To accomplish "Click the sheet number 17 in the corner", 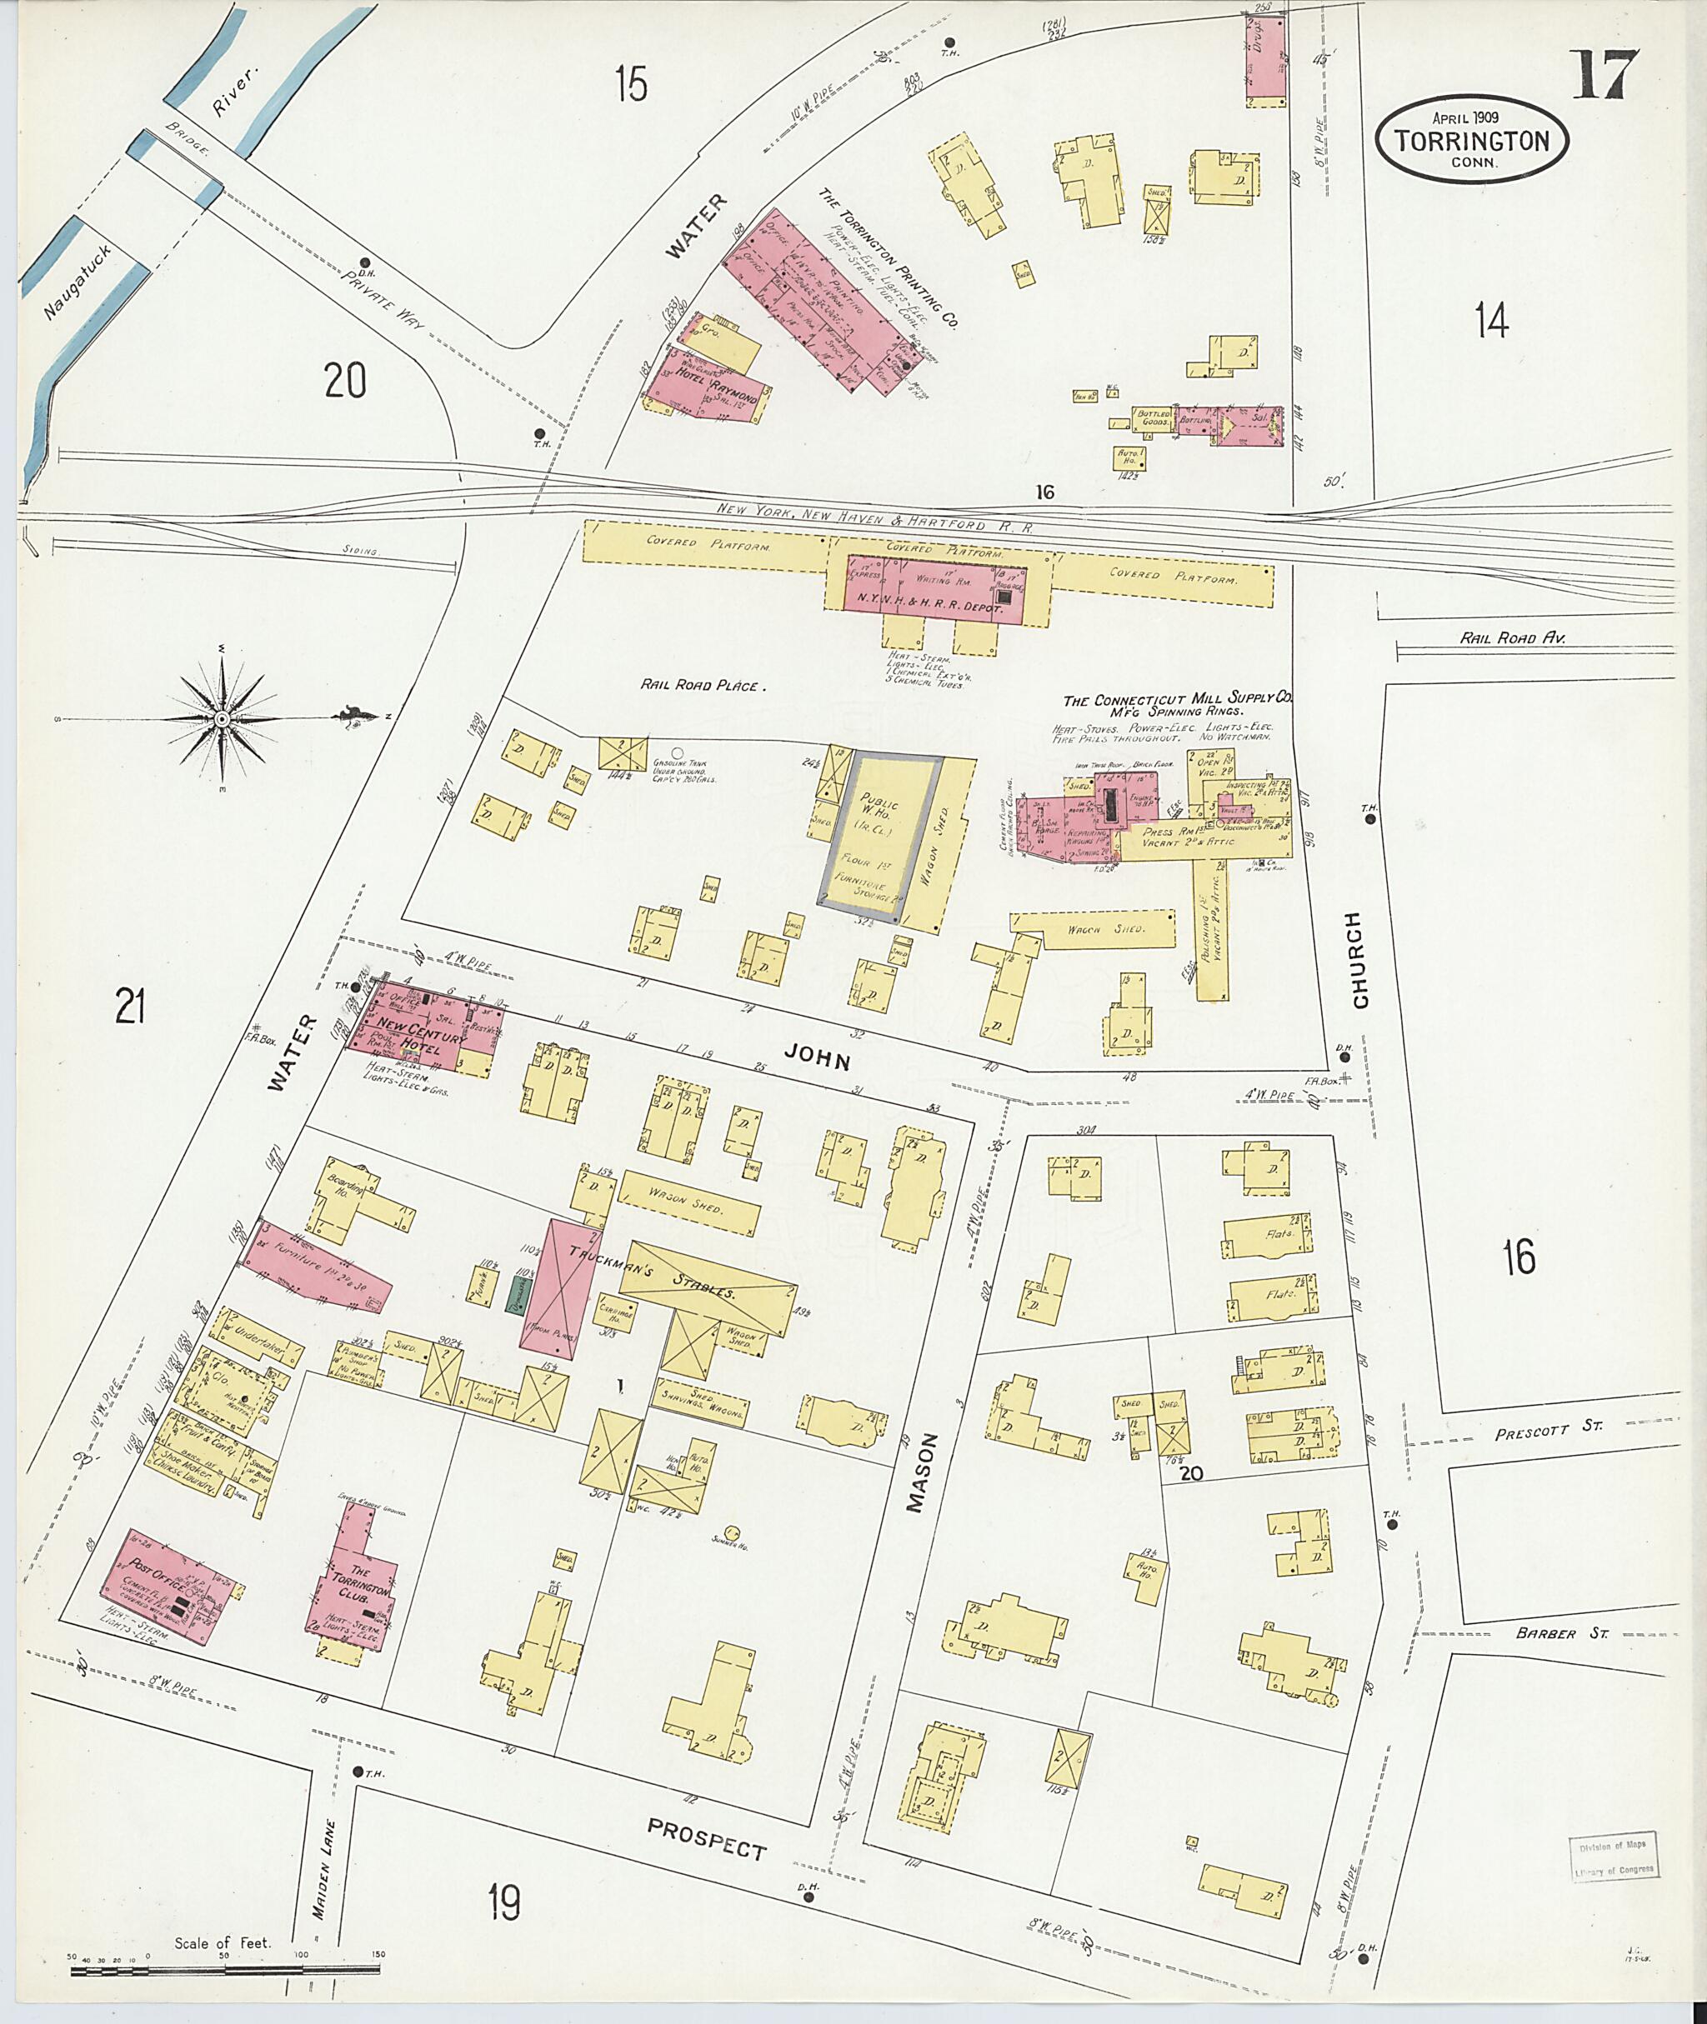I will tap(1604, 74).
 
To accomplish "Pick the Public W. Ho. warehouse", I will tap(881, 831).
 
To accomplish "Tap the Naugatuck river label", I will tap(78, 282).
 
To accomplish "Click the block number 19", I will tap(503, 1903).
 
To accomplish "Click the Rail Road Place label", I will tap(703, 685).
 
